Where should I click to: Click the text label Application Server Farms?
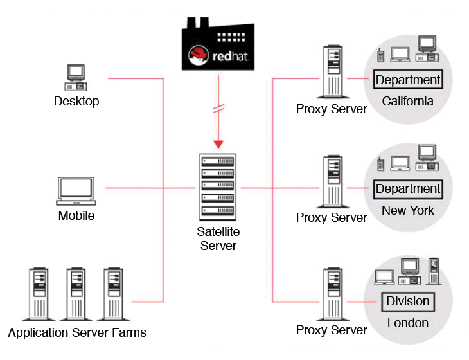click(77, 333)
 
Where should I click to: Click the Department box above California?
click(408, 80)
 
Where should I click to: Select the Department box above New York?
click(408, 189)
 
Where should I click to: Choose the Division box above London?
click(408, 301)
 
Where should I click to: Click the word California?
click(407, 101)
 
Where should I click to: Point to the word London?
click(407, 323)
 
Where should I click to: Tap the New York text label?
click(407, 210)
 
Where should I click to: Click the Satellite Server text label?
click(218, 239)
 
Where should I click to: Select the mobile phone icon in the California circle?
click(381, 55)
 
